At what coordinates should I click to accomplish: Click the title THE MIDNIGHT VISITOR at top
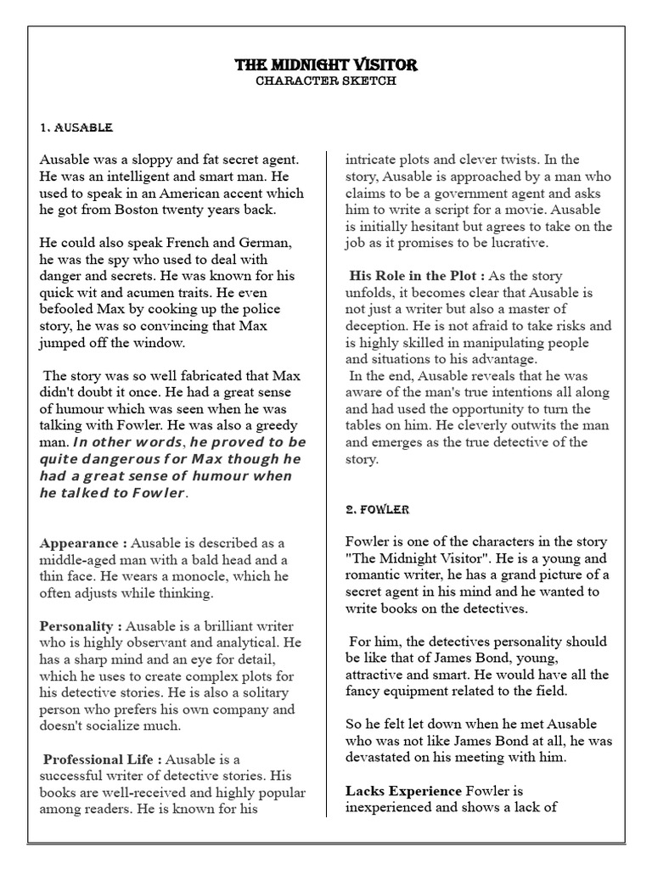coord(326,65)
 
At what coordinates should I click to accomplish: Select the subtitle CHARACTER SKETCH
coord(326,81)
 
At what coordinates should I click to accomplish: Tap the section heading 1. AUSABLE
coord(76,127)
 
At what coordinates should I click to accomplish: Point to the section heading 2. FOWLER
coord(377,509)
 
